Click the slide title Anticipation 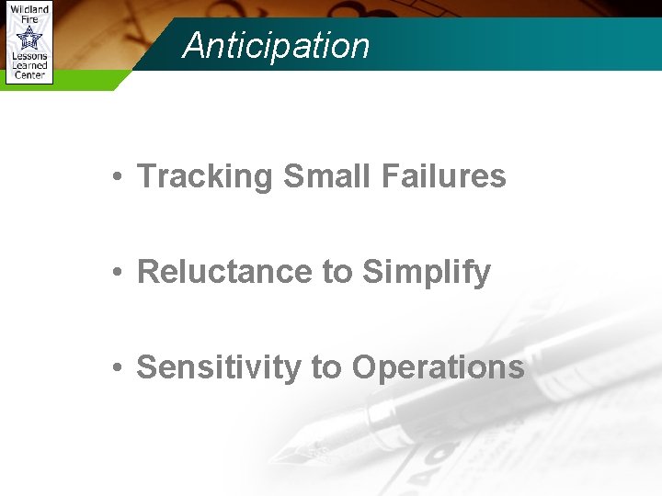coord(276,46)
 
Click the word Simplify coord(427,273)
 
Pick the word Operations coord(438,368)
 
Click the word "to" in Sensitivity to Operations coord(326,368)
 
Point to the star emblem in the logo coord(29,37)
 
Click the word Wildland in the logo coord(29,8)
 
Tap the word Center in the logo coord(29,75)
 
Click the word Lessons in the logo coord(29,57)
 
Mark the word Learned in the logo coord(29,66)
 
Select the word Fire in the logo coord(29,17)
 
